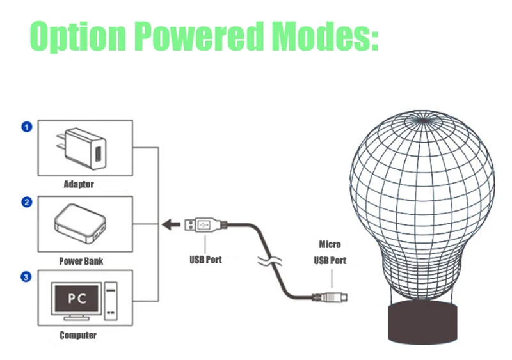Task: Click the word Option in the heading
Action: click(77, 36)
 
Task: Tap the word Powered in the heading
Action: click(199, 36)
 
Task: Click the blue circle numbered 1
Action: click(27, 127)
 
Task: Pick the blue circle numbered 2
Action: click(27, 202)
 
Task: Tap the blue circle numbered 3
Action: click(26, 277)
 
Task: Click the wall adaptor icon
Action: click(82, 148)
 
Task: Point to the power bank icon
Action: click(80, 224)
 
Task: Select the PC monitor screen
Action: click(76, 299)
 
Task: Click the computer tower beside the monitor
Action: click(111, 301)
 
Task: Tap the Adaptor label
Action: click(79, 184)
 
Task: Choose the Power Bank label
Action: click(81, 261)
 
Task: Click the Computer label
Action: click(78, 335)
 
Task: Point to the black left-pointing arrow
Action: click(171, 224)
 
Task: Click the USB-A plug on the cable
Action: click(205, 225)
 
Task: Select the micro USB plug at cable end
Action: click(330, 297)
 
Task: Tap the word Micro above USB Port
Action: click(330, 244)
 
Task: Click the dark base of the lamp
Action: click(422, 322)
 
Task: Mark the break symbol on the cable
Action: click(269, 260)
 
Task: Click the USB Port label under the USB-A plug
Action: click(205, 260)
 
